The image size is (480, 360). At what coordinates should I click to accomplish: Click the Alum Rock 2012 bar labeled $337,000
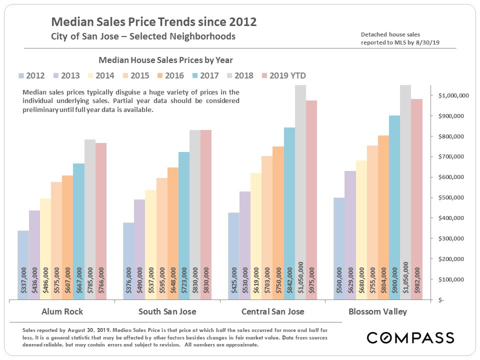click(x=23, y=265)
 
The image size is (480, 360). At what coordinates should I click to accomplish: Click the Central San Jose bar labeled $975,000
click(x=311, y=200)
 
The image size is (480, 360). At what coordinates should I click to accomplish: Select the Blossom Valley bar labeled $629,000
click(x=350, y=235)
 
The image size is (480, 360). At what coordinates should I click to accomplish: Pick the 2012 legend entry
click(x=31, y=76)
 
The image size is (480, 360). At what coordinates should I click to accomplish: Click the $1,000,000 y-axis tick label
click(x=453, y=95)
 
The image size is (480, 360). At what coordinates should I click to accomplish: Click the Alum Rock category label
click(x=62, y=312)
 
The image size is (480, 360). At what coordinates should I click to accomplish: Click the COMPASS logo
click(x=410, y=337)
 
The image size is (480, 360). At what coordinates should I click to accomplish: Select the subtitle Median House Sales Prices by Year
click(x=165, y=60)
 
